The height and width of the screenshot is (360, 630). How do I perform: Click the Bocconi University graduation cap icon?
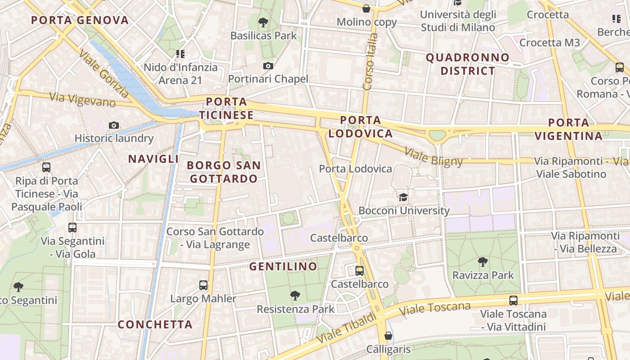[403, 197]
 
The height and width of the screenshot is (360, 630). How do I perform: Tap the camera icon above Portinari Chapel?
[268, 66]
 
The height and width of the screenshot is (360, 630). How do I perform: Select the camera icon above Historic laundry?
[114, 125]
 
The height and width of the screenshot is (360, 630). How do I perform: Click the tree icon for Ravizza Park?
[482, 261]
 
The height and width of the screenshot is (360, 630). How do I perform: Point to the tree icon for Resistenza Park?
[295, 296]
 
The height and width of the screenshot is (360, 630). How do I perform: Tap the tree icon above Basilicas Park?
[263, 22]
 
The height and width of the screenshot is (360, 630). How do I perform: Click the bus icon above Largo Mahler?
[203, 285]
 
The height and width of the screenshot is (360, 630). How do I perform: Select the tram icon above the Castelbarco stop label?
[359, 270]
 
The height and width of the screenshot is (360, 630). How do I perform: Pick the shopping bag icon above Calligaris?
[388, 336]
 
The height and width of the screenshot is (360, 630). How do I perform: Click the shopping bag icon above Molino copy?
[366, 9]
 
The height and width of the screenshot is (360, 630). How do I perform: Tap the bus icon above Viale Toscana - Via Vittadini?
[513, 300]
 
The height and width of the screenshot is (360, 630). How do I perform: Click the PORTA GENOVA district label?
[80, 20]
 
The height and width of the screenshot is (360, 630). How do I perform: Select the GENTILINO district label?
[283, 266]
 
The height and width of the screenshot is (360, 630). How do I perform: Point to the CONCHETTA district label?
[155, 324]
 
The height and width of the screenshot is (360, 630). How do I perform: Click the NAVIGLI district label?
[153, 159]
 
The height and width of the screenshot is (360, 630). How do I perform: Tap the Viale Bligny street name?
[433, 157]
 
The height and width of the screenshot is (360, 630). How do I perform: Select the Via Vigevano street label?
[82, 100]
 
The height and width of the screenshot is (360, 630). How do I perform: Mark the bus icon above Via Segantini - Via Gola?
[72, 228]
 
